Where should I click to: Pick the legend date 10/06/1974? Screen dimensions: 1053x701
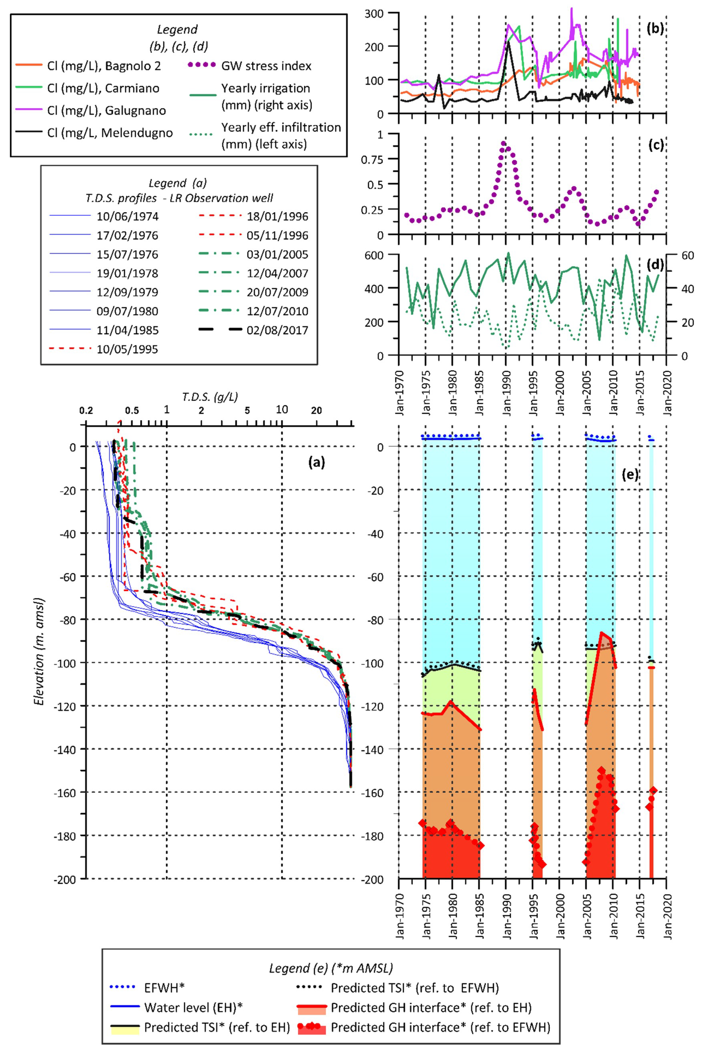click(x=127, y=217)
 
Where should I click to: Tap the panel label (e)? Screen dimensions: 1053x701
click(x=630, y=474)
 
